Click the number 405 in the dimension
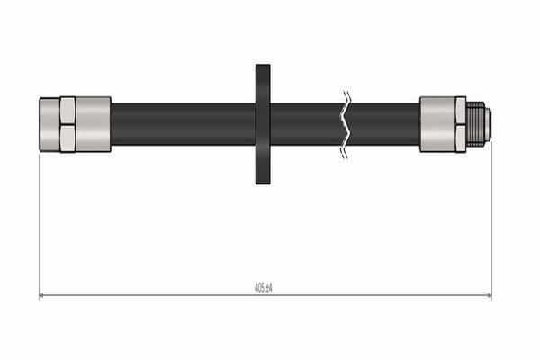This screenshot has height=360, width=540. click(259, 287)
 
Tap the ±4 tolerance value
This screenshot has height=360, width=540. click(268, 287)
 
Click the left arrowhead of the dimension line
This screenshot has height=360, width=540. click(41, 295)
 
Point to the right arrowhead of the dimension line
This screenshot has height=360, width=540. click(489, 295)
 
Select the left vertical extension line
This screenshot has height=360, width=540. click(40, 224)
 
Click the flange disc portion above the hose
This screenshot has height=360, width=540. click(263, 84)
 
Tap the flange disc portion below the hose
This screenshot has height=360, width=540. click(263, 165)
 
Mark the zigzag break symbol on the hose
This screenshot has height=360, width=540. click(346, 125)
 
